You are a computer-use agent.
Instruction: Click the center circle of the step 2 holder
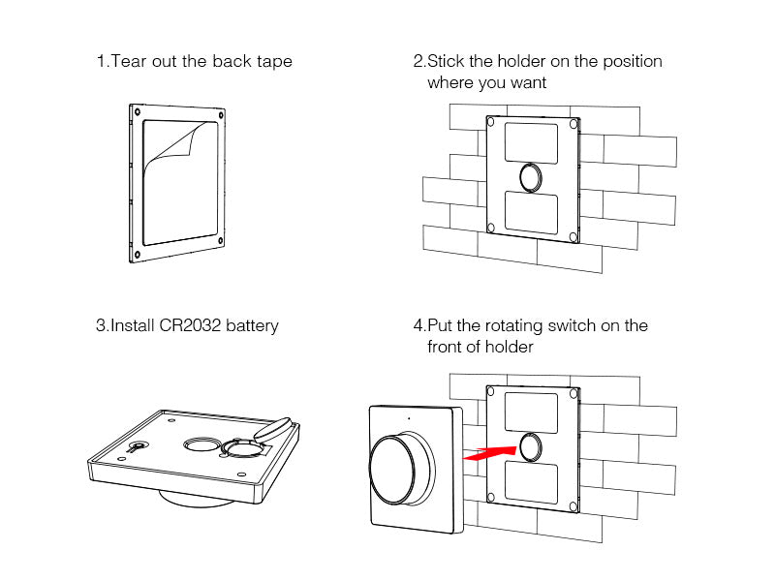[532, 177]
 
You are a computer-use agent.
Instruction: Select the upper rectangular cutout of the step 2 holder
[531, 140]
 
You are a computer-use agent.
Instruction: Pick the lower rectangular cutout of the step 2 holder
[531, 211]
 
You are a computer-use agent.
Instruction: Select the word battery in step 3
[252, 325]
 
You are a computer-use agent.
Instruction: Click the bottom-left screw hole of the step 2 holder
[491, 229]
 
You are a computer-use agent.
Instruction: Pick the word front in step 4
[449, 347]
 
